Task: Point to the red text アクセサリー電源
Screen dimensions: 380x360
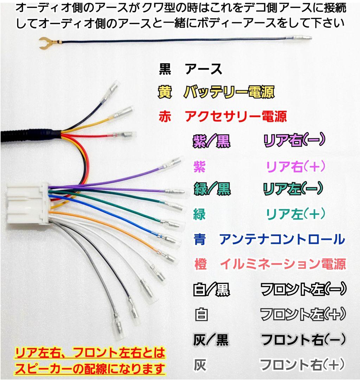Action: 236,116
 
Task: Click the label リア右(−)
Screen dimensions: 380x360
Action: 294,140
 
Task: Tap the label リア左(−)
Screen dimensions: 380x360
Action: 292,189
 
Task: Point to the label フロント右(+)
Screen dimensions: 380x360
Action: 302,364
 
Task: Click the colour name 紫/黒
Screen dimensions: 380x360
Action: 211,141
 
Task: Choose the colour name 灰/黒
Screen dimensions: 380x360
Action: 211,340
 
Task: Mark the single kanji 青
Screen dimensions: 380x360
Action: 200,239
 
